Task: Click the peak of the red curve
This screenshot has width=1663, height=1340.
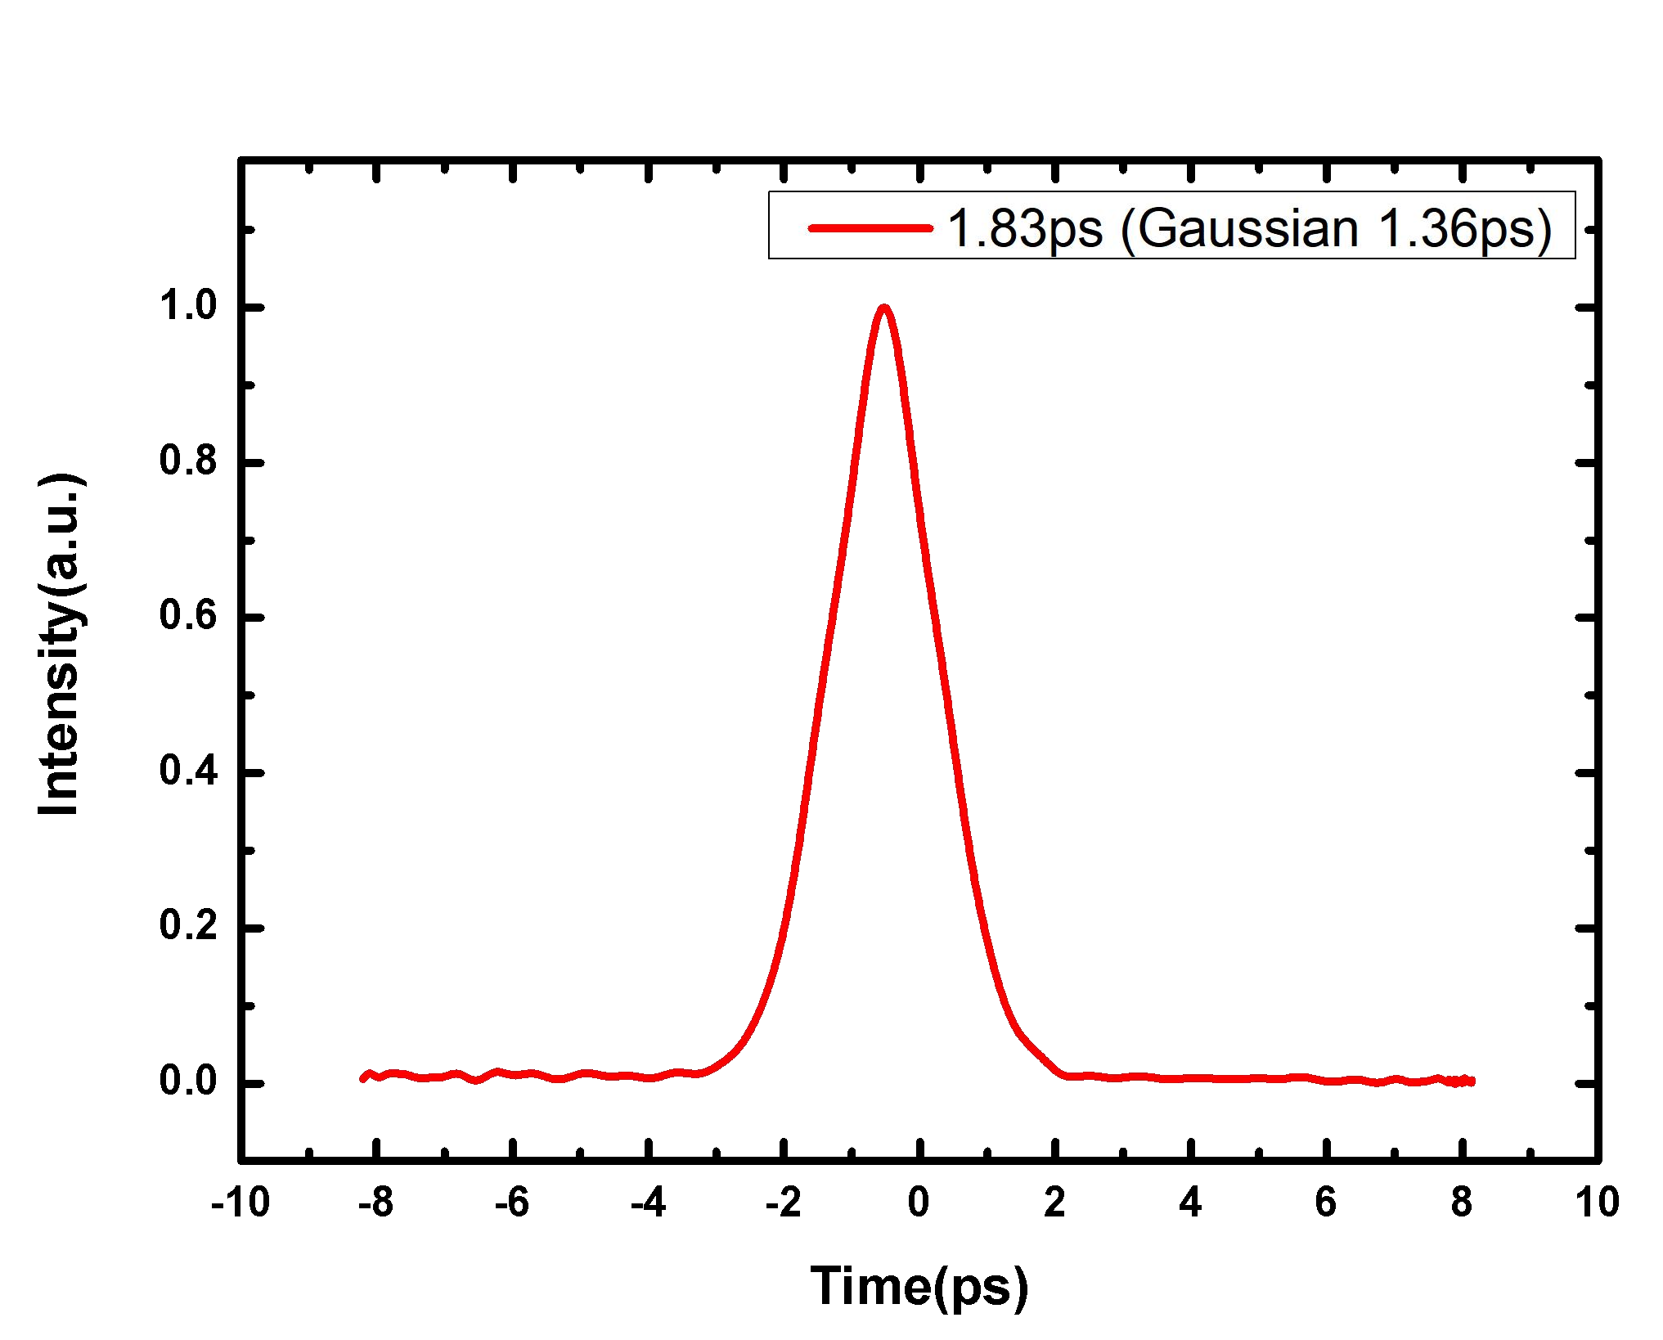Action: (883, 308)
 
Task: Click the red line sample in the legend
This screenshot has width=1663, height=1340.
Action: (870, 227)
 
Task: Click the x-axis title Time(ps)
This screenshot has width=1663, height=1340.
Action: (919, 1287)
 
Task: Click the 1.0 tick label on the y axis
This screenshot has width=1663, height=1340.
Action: (187, 307)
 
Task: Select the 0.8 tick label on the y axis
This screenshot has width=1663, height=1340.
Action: (187, 461)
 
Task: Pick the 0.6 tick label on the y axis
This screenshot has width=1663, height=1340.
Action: (187, 617)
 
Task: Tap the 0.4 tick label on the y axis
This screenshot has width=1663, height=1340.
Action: (187, 771)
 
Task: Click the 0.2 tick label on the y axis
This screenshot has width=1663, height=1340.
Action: (187, 927)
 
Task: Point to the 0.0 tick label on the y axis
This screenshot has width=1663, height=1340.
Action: (187, 1081)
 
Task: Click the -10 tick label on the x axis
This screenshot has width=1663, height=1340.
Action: (240, 1203)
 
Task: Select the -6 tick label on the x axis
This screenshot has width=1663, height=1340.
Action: (511, 1203)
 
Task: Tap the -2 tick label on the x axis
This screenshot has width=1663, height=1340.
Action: (783, 1203)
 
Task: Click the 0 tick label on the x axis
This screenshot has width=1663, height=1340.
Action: (919, 1203)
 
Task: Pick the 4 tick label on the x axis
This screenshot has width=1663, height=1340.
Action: (1190, 1203)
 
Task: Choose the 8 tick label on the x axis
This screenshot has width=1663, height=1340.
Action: (1462, 1203)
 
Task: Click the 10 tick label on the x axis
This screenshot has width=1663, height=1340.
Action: (1597, 1203)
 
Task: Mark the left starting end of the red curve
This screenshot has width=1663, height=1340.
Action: (363, 1079)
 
